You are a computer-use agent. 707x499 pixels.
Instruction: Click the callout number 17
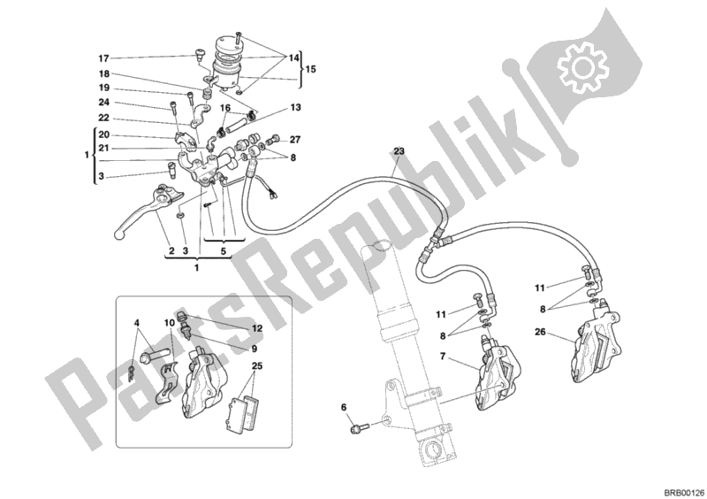click(103, 59)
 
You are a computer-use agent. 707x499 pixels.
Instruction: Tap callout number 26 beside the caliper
click(541, 334)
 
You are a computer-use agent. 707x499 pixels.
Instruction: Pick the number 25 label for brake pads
click(256, 365)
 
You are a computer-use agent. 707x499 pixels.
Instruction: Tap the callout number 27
click(295, 139)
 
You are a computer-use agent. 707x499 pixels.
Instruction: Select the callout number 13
click(295, 107)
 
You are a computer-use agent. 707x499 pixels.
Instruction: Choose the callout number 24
click(103, 104)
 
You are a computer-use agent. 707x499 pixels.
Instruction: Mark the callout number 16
click(225, 109)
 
